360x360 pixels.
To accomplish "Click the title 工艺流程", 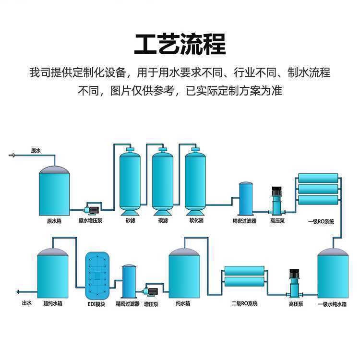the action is [x=180, y=44].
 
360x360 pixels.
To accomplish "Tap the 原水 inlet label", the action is [x=36, y=151].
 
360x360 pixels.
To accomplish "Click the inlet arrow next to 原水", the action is [x=12, y=156].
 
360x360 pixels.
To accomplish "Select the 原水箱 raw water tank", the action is [x=54, y=191].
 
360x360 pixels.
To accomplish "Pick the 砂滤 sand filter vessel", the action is [x=130, y=181].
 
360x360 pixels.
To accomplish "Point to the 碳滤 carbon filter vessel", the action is [x=163, y=181].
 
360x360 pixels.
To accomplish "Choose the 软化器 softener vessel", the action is [x=195, y=181].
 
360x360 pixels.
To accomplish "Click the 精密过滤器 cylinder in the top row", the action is [x=246, y=199].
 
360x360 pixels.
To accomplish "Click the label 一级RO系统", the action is [x=321, y=222].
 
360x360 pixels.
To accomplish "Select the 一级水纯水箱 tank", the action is [x=333, y=273].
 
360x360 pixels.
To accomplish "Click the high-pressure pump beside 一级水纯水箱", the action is [x=294, y=284].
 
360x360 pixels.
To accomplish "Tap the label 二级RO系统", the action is [x=244, y=303].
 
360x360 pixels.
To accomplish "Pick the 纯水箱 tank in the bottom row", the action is [x=184, y=273].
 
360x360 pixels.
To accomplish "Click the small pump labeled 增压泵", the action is [x=151, y=292].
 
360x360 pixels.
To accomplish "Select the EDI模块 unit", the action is [x=97, y=275].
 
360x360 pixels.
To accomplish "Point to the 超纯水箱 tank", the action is [x=53, y=273].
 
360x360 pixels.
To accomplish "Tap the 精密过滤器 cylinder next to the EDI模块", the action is [x=129, y=281].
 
